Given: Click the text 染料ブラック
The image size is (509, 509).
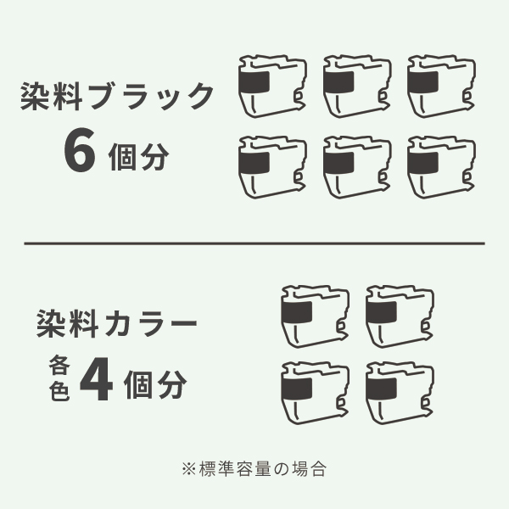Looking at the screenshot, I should point(117,97).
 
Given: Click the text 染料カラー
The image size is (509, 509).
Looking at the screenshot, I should point(117,324).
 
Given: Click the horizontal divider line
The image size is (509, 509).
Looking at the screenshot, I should point(255,243).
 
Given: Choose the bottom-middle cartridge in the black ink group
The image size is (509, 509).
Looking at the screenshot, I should point(356,166).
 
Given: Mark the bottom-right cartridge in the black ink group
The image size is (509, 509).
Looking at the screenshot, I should point(439,166).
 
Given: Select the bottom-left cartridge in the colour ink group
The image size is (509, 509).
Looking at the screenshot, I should point(314,392).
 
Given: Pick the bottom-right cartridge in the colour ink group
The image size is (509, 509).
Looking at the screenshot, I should point(400,392).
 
